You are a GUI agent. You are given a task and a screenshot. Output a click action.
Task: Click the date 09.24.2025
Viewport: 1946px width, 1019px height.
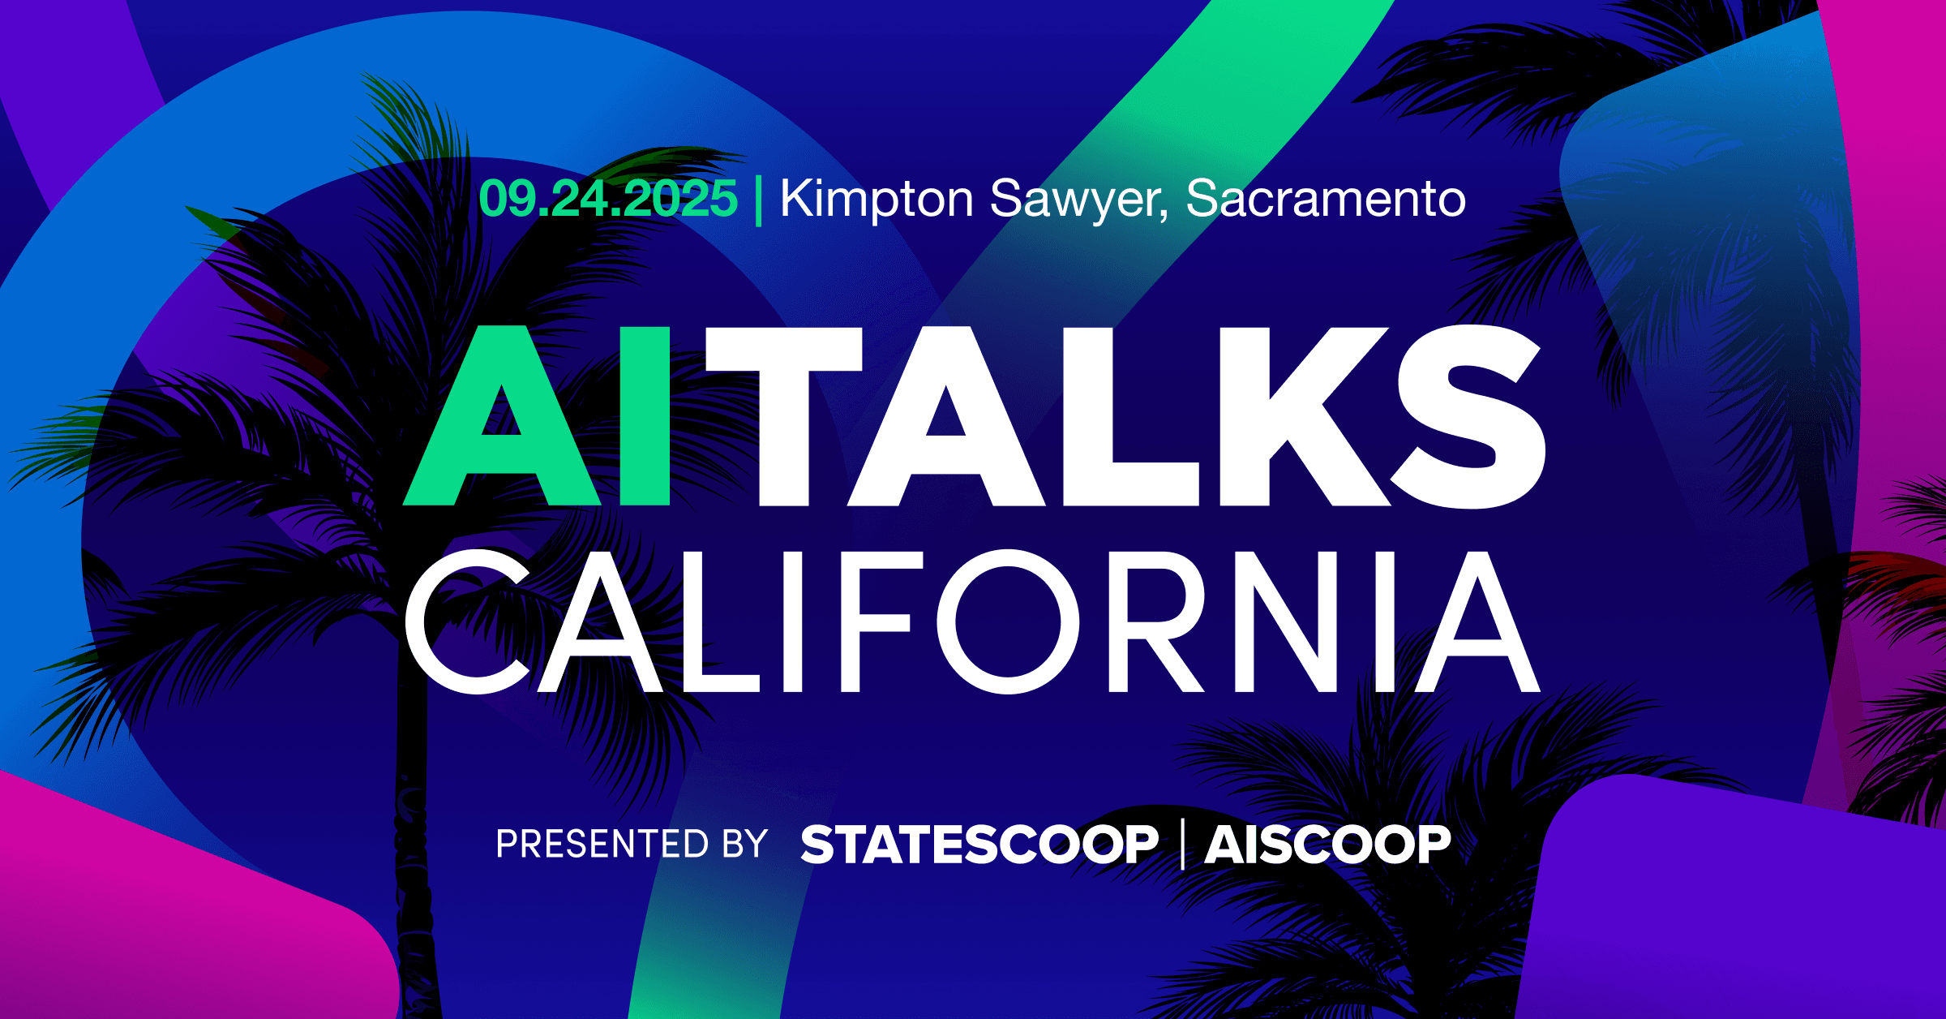(608, 198)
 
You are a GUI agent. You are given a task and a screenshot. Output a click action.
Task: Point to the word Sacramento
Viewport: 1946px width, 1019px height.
(1326, 198)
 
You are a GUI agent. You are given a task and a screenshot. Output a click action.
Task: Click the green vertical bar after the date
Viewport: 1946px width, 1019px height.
(759, 201)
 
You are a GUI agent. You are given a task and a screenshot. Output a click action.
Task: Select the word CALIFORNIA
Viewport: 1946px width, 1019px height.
(972, 621)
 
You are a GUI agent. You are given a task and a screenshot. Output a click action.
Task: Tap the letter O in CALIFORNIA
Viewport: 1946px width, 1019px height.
(1008, 621)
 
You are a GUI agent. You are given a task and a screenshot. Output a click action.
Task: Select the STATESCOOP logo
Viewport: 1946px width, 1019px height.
(979, 844)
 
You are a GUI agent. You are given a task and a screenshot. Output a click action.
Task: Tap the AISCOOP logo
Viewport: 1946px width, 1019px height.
(1328, 844)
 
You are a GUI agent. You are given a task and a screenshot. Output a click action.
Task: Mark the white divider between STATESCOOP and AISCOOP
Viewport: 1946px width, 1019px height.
(1183, 844)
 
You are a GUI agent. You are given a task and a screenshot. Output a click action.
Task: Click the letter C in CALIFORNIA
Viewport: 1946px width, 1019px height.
(468, 621)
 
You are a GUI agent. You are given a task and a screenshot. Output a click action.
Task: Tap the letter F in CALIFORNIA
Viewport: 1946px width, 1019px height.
(874, 621)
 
